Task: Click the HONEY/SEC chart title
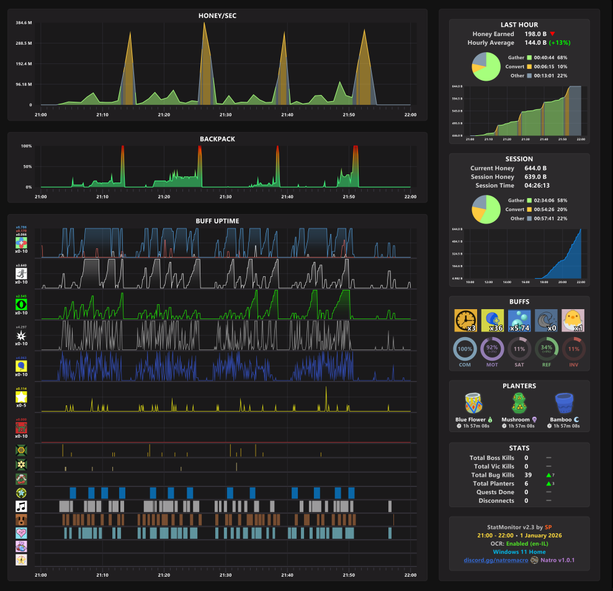pos(217,15)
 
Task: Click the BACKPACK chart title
pos(217,139)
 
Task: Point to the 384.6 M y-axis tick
pos(24,23)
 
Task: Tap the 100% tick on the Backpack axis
pos(26,147)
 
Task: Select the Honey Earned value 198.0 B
pos(535,34)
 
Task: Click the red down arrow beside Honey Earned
pos(552,34)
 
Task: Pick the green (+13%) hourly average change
pos(560,43)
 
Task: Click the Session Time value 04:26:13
pos(537,186)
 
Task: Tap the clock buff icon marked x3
pos(465,320)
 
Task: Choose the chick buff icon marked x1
pos(573,320)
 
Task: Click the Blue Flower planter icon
pos(474,403)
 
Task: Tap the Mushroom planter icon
pos(519,403)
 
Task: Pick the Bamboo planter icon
pos(564,403)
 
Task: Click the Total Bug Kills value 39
pos(527,475)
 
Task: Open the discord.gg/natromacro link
pos(494,561)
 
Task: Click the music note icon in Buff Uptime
pos(22,506)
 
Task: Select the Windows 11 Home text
pos(519,552)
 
